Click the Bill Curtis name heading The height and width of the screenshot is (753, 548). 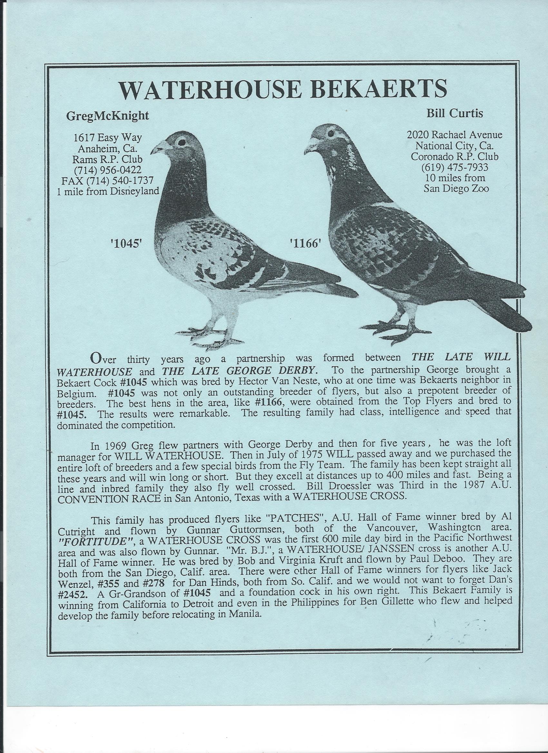coord(455,114)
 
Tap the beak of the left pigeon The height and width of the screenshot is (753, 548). coord(157,148)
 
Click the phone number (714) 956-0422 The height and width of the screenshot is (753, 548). coord(108,170)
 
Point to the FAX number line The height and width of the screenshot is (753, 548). coord(107,181)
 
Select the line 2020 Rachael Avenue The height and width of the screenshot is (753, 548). coord(455,135)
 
